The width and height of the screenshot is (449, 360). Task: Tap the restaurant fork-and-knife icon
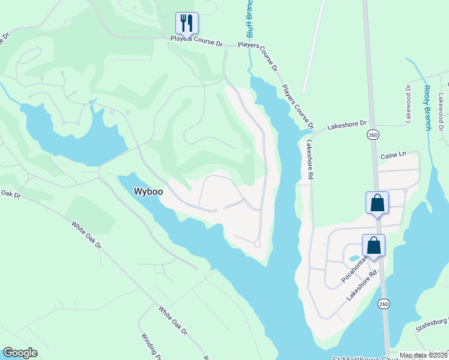click(x=187, y=23)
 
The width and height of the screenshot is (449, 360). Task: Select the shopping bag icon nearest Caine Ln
click(x=377, y=202)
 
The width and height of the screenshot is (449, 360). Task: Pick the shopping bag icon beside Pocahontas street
click(x=373, y=245)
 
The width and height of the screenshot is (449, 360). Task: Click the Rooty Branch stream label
click(x=427, y=108)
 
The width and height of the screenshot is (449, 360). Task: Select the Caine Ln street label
click(x=393, y=155)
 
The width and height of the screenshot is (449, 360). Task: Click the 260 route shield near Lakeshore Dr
click(x=373, y=134)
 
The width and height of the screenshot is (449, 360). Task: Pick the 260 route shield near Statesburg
click(x=384, y=304)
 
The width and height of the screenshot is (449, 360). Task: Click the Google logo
click(x=20, y=353)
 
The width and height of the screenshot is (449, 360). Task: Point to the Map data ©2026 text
click(x=423, y=355)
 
